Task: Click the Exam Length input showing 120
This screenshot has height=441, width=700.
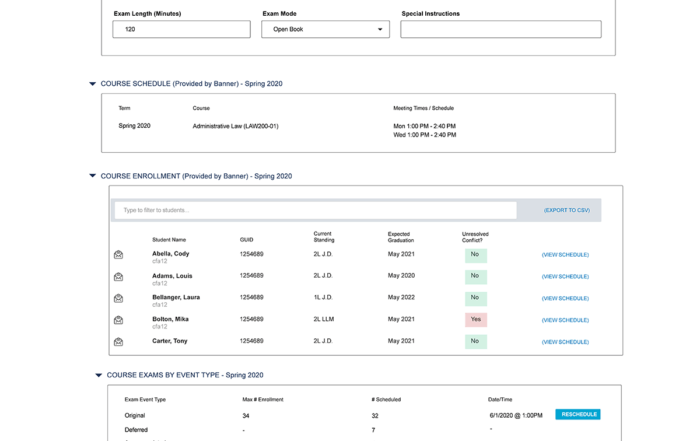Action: pyautogui.click(x=180, y=30)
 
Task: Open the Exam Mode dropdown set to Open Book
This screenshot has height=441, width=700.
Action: pyautogui.click(x=325, y=30)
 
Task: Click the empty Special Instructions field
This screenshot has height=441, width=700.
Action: pyautogui.click(x=500, y=30)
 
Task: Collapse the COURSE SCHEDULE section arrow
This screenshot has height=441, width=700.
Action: pyautogui.click(x=93, y=84)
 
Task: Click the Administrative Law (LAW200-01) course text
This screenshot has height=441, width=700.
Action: pyautogui.click(x=235, y=126)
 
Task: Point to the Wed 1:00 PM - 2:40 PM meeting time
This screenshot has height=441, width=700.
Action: pyautogui.click(x=424, y=135)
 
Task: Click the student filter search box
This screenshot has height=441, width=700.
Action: pyautogui.click(x=315, y=210)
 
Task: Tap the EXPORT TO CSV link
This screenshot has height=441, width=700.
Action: pyautogui.click(x=566, y=210)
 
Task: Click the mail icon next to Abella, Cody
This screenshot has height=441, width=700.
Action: pyautogui.click(x=118, y=255)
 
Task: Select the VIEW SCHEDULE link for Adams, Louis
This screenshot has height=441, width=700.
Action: pyautogui.click(x=565, y=277)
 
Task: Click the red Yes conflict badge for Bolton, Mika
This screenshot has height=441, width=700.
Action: pyautogui.click(x=475, y=320)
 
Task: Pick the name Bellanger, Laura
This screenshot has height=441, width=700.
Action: pyautogui.click(x=176, y=297)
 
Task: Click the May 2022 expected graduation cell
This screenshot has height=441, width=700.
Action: pyautogui.click(x=401, y=298)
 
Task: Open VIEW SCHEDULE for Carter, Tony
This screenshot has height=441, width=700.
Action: pyautogui.click(x=565, y=342)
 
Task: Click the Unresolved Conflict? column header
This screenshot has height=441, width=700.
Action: pyautogui.click(x=474, y=237)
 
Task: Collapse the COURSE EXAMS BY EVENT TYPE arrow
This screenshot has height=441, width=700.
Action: pyautogui.click(x=99, y=376)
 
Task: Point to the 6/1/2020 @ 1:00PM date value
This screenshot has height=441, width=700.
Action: pyautogui.click(x=515, y=415)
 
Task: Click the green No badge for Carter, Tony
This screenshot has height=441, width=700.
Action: pyautogui.click(x=475, y=342)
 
